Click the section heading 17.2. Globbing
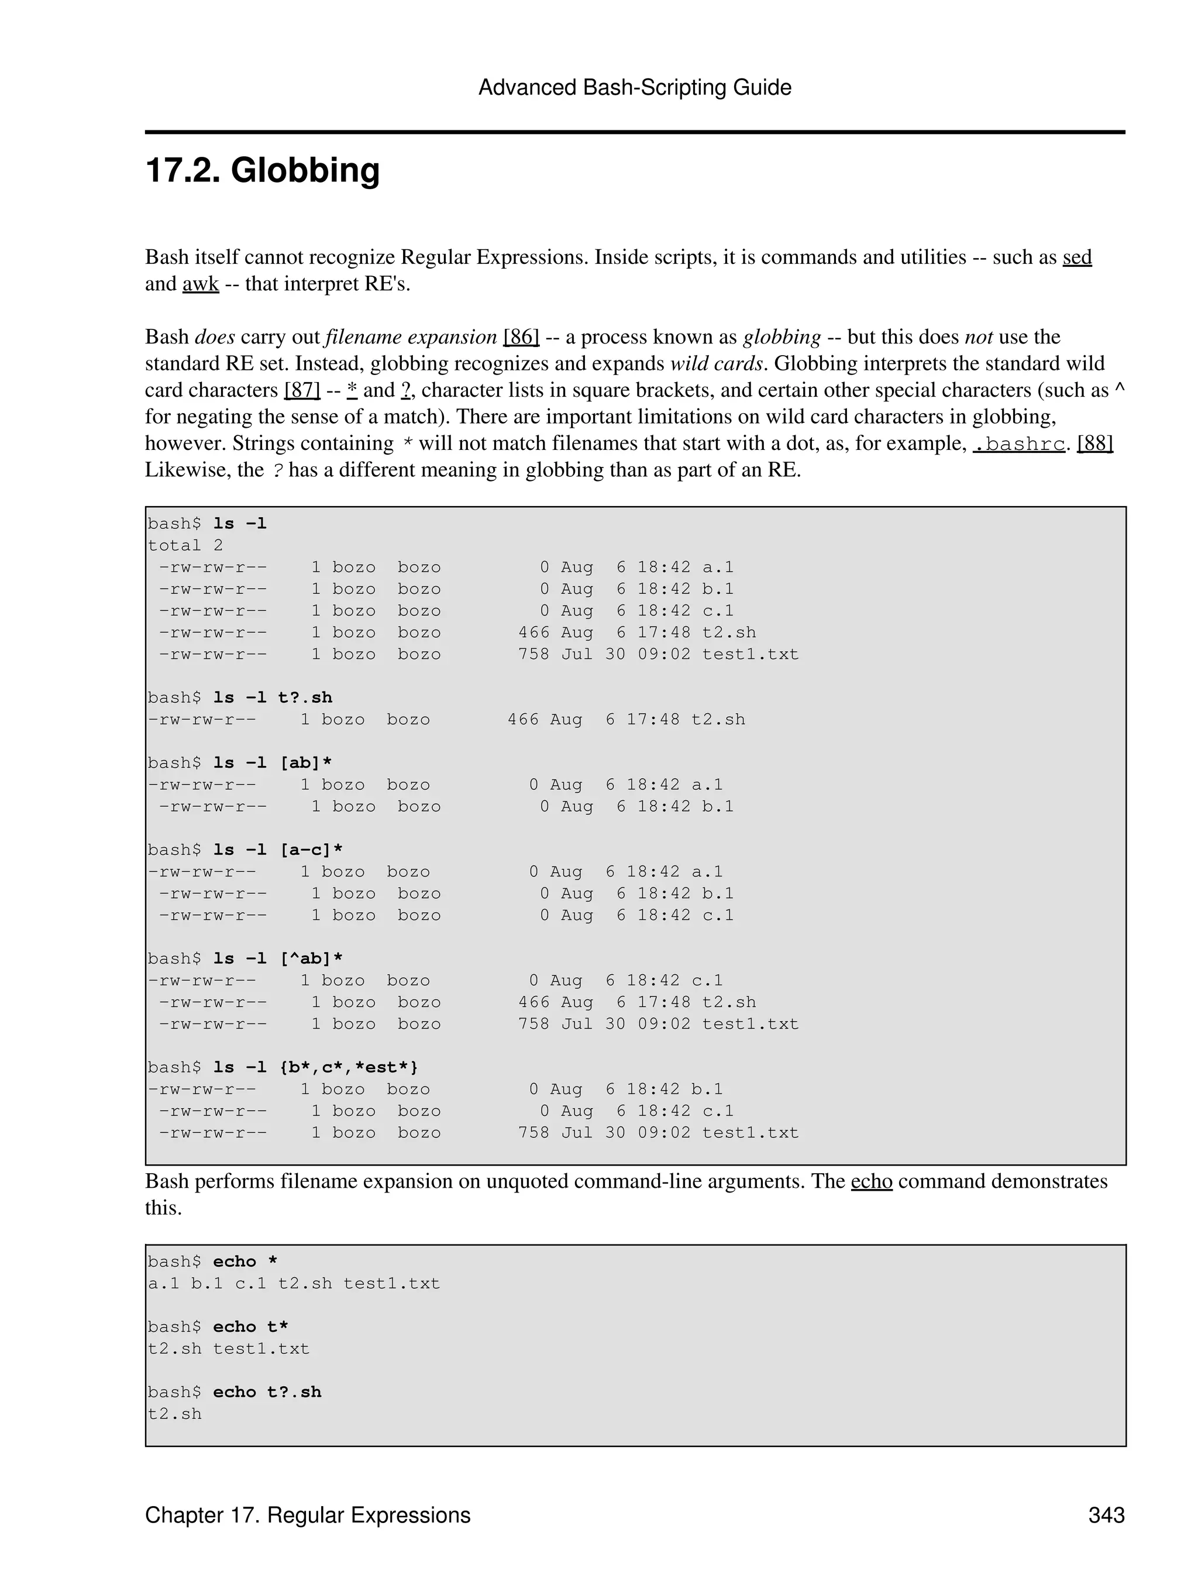coord(263,171)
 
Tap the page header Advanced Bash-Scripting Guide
coord(634,87)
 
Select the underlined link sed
coord(1076,257)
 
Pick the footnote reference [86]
coord(521,337)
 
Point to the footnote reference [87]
coord(302,390)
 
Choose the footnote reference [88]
coord(1094,443)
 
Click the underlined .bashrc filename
coord(1018,444)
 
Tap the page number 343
coord(1106,1514)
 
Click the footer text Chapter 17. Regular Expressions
coord(308,1514)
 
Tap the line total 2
coord(185,545)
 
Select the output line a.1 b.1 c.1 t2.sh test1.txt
coord(294,1284)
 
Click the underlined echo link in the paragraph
coord(871,1181)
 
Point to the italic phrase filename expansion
coord(411,337)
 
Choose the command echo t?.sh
coord(267,1391)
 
